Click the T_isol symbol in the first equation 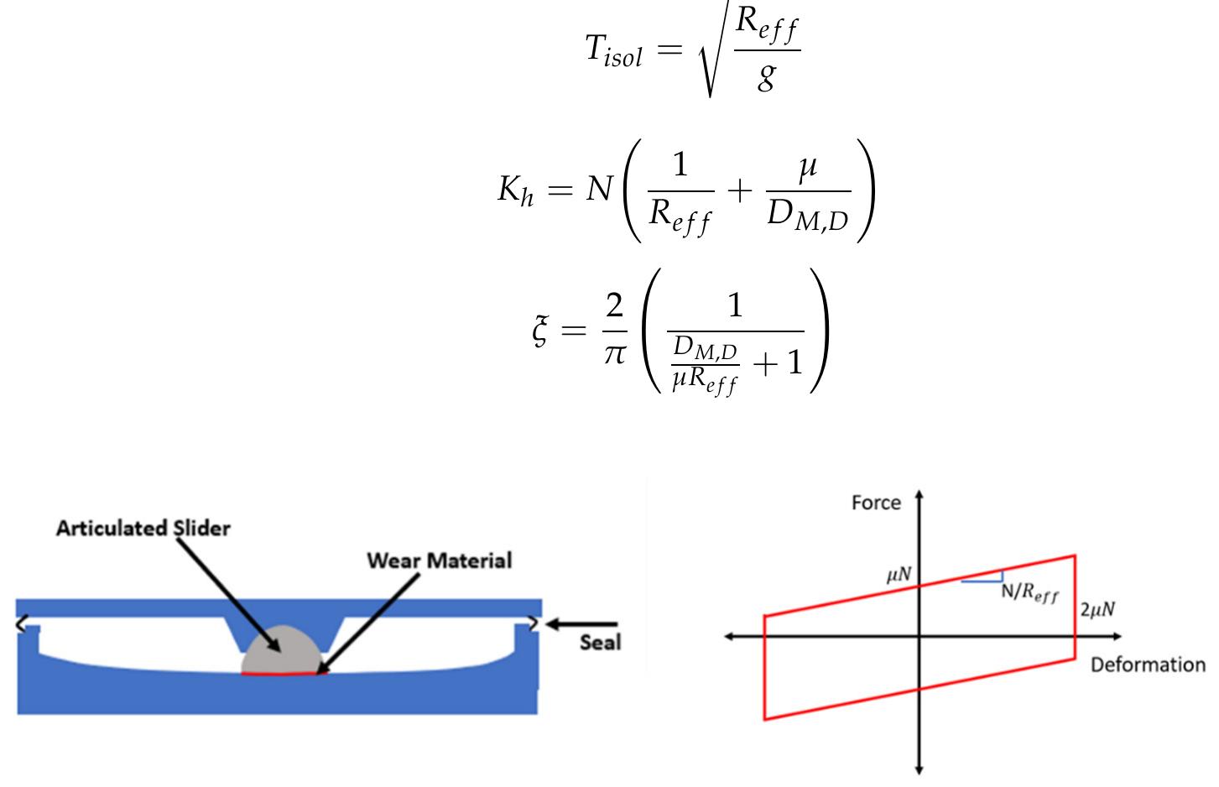[613, 50]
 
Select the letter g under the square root [766, 77]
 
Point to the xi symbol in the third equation [542, 330]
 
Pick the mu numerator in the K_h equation [807, 167]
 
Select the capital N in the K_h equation [600, 190]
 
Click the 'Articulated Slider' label [143, 528]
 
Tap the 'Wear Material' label [439, 560]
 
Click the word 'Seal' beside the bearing [600, 643]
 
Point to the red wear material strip [282, 673]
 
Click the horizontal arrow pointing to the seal [582, 624]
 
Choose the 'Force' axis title [876, 503]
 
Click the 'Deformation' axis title [1147, 665]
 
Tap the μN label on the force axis [899, 576]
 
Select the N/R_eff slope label [1029, 592]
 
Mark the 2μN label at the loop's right [1097, 610]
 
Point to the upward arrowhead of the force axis [919, 496]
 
